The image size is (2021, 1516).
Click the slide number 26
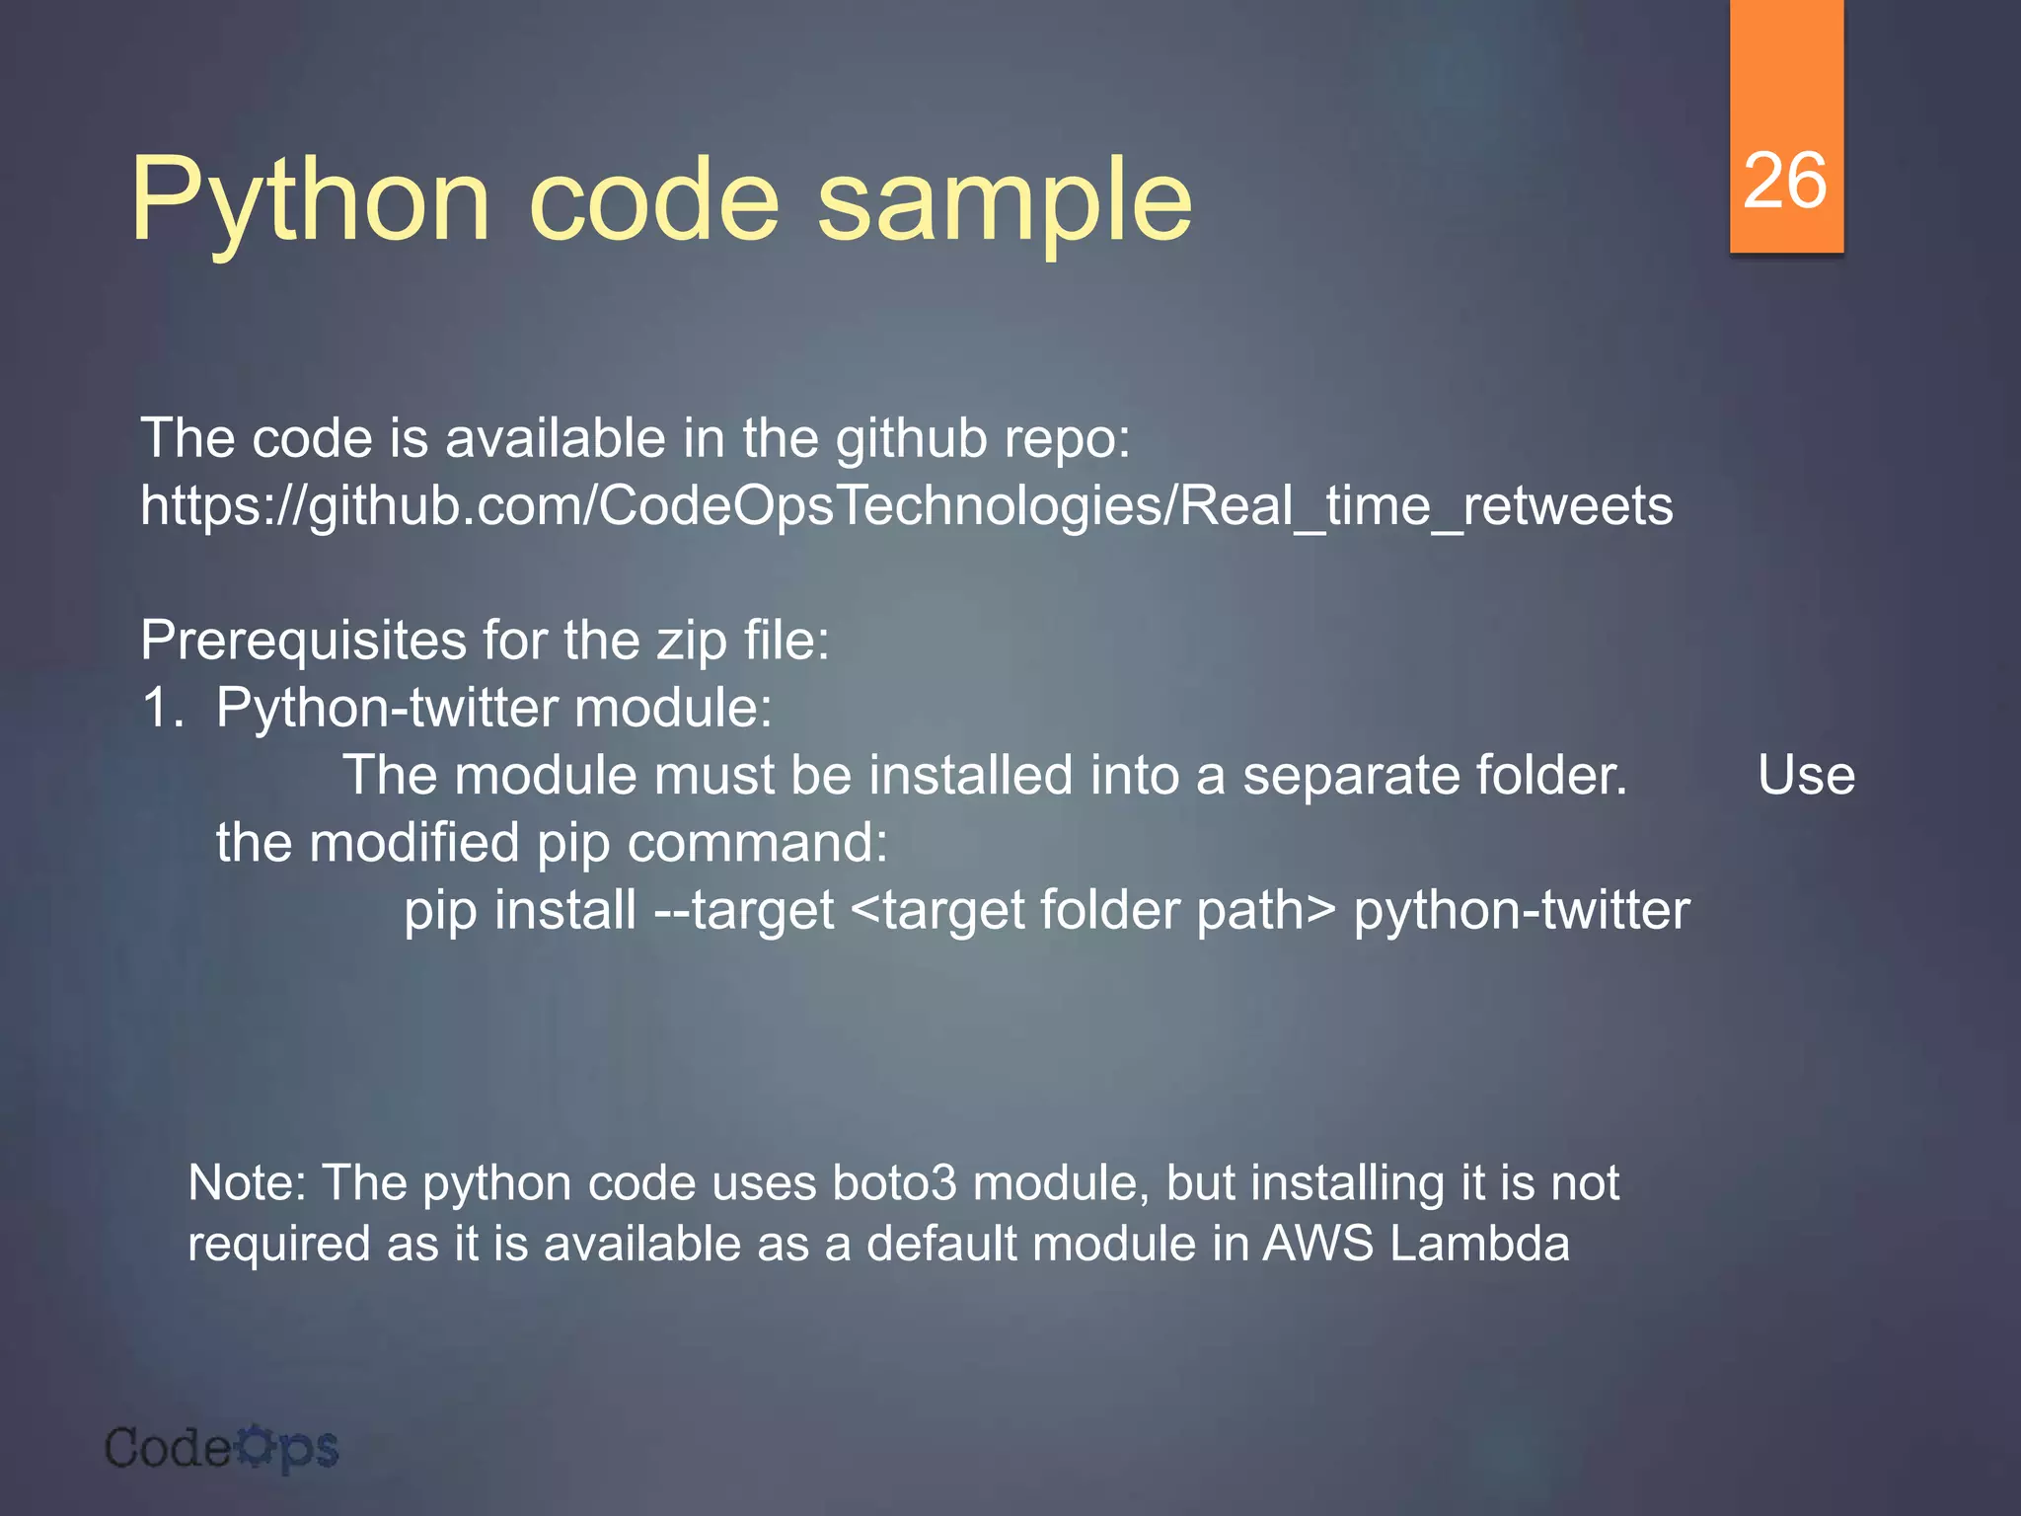(1784, 182)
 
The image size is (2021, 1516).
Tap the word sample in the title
(1005, 202)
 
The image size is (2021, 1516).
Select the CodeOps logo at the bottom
(221, 1449)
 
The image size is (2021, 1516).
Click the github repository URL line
(906, 506)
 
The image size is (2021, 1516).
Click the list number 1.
(162, 708)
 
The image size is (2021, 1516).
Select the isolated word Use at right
(1805, 776)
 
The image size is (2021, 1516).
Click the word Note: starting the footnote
(248, 1182)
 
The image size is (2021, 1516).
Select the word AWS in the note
(1317, 1244)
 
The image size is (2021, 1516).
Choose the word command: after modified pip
(757, 843)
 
